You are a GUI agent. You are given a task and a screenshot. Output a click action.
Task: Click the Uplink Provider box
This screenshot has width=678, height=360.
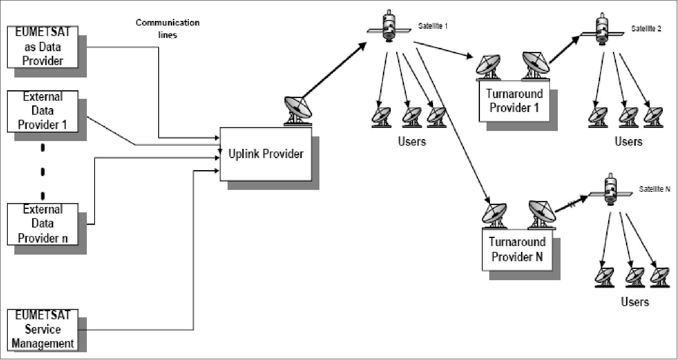266,154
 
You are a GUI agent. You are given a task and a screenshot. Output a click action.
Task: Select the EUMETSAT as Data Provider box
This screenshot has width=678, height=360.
43,47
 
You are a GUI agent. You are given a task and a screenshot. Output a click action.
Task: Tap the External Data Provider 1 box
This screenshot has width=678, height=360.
43,111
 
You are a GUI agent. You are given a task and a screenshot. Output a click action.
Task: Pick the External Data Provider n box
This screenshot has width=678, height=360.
43,224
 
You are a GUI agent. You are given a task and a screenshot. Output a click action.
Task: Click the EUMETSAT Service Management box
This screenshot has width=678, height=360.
43,329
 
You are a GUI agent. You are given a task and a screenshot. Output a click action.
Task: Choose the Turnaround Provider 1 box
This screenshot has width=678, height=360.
514,101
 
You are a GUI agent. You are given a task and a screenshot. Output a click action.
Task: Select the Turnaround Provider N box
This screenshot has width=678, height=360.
517,249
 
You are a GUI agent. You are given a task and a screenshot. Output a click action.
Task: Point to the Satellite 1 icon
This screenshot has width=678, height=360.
389,26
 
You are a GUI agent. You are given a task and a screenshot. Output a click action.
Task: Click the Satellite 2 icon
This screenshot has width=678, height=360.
602,29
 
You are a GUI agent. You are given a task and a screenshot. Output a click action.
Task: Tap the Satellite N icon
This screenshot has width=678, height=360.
610,190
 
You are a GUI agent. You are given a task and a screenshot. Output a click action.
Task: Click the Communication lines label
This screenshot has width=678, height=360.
167,29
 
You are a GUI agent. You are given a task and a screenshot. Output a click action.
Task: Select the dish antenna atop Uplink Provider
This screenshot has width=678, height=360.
297,111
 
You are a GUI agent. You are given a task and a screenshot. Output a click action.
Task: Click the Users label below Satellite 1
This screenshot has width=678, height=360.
412,141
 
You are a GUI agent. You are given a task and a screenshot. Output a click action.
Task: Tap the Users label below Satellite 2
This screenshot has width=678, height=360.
628,141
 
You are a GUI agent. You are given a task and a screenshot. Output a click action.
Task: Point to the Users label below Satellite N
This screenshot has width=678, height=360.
635,302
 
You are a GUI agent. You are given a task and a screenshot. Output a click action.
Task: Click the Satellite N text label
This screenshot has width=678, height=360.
654,189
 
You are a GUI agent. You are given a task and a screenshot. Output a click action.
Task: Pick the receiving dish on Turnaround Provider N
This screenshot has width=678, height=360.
494,215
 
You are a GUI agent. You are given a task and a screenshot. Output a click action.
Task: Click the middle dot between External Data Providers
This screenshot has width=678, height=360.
43,171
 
